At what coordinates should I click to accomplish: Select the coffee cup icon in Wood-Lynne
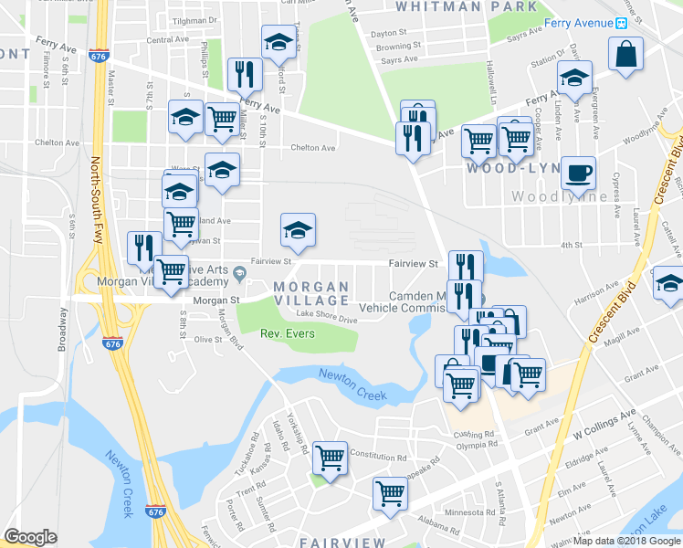(576, 173)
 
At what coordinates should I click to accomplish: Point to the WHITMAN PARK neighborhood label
(467, 6)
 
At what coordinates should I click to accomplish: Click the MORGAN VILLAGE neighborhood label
(311, 293)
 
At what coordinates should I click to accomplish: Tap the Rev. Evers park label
(288, 333)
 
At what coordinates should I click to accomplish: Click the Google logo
(30, 537)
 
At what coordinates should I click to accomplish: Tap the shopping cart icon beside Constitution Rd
(330, 457)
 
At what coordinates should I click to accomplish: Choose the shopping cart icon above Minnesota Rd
(390, 492)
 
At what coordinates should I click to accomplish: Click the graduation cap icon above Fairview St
(297, 232)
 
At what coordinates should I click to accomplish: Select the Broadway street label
(63, 329)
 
